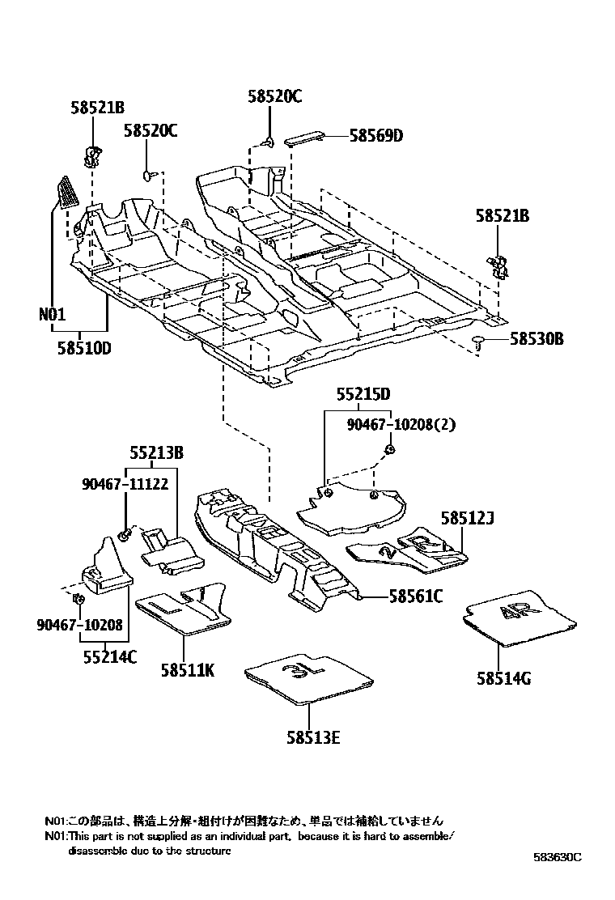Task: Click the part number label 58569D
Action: tap(375, 136)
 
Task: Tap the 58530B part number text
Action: tap(537, 339)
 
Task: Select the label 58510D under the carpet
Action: tap(84, 349)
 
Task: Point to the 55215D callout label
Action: tap(363, 394)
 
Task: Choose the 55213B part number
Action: tap(156, 454)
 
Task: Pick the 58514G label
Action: tap(503, 679)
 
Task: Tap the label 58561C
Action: tap(416, 597)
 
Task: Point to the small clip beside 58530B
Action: tap(478, 341)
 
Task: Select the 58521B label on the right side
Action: tap(503, 216)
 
